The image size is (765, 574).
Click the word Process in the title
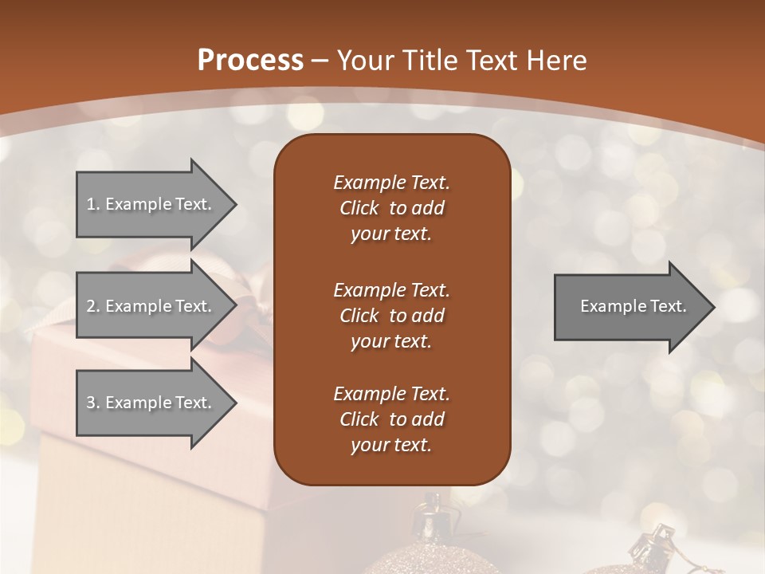tap(250, 61)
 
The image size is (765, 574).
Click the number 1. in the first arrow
tap(93, 204)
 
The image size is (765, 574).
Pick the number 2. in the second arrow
tap(93, 306)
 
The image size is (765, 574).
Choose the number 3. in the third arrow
tap(93, 403)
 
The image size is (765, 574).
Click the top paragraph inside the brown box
tap(391, 208)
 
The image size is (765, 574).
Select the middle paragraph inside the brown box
tap(391, 315)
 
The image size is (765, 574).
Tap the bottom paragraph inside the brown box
tap(391, 419)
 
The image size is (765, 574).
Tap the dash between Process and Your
tap(320, 61)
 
